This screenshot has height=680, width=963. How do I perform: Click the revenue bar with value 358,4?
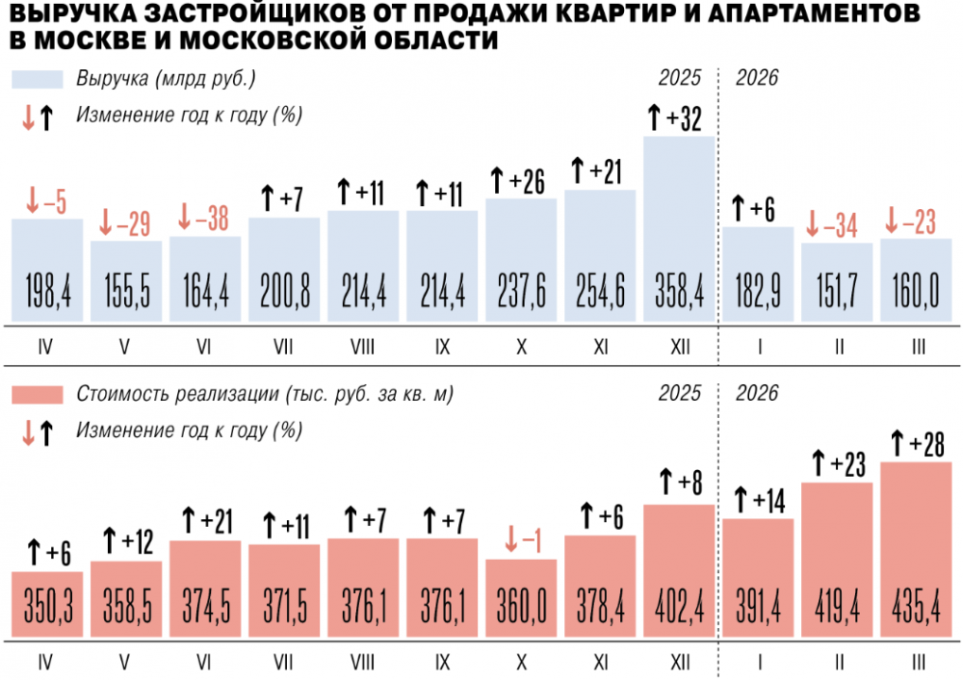click(679, 231)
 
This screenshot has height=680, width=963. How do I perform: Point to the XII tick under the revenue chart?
click(679, 346)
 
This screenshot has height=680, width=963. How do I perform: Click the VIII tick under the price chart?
click(363, 662)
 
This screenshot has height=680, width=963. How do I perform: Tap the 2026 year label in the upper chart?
click(757, 79)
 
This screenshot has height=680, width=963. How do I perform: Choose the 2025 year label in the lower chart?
click(680, 394)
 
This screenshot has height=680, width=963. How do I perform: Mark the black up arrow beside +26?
click(498, 180)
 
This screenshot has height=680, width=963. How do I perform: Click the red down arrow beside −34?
click(812, 225)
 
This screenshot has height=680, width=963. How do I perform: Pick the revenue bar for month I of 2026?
click(758, 275)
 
